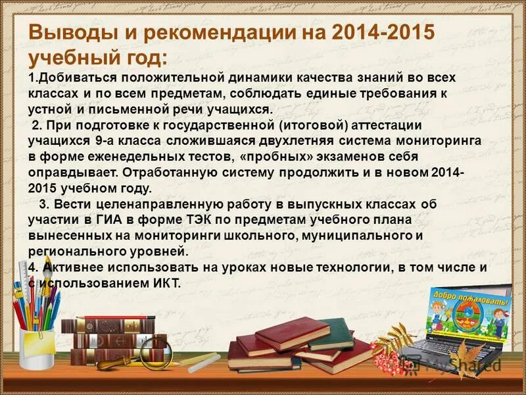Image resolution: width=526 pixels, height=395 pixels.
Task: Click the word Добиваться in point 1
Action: pyautogui.click(x=73, y=78)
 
